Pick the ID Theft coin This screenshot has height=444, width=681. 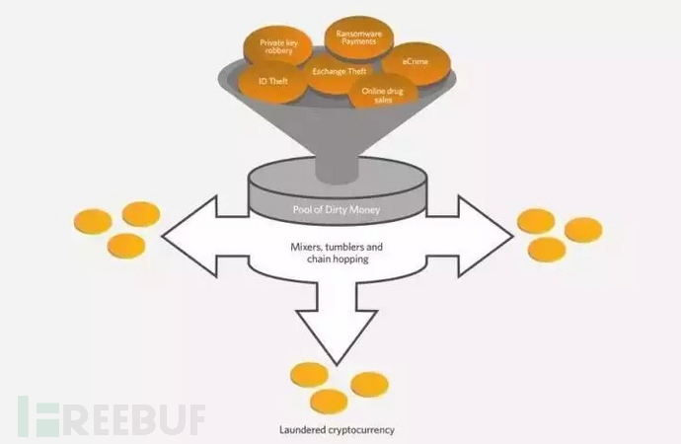point(271,83)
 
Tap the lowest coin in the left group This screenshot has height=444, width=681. point(128,245)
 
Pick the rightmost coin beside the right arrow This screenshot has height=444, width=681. point(582,230)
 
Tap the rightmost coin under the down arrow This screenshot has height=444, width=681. point(370,384)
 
